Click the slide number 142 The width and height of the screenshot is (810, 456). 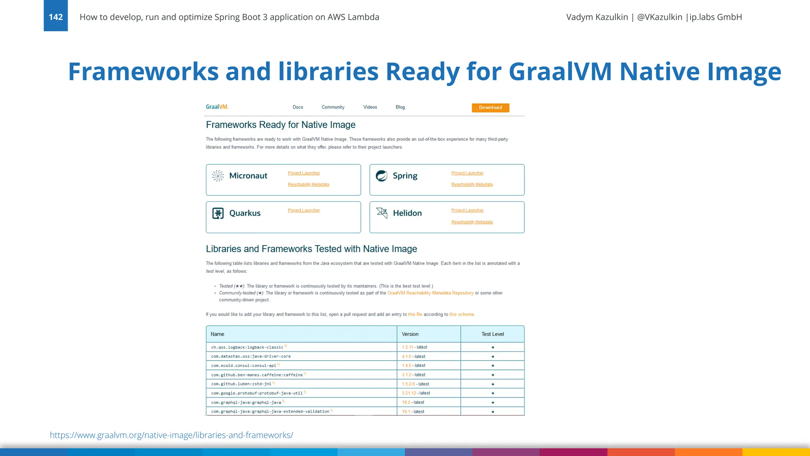click(x=56, y=17)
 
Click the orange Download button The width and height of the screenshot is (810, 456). click(x=490, y=108)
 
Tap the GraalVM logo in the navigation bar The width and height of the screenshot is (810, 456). click(x=217, y=107)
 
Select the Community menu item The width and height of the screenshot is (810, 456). click(x=333, y=107)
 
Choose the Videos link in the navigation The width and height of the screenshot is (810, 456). click(x=370, y=107)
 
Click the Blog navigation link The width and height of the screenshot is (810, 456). click(x=400, y=107)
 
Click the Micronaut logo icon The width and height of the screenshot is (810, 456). click(x=218, y=176)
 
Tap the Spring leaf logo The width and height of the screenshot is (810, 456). click(x=382, y=176)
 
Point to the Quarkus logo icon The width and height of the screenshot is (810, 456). click(x=218, y=213)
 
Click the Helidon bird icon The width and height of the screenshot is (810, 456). click(x=382, y=213)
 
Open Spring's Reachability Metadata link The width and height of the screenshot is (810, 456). click(x=472, y=184)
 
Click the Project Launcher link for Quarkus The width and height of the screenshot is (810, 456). click(x=304, y=211)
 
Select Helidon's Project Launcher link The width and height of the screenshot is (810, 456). click(x=467, y=211)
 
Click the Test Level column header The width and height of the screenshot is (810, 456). click(x=492, y=334)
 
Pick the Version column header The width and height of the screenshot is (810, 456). click(x=410, y=334)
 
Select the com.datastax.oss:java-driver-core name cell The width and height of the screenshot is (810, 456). click(x=251, y=356)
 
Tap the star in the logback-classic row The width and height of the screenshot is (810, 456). click(x=493, y=347)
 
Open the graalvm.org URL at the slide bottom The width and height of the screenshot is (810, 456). click(x=171, y=435)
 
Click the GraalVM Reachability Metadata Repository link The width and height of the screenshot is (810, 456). click(x=430, y=293)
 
